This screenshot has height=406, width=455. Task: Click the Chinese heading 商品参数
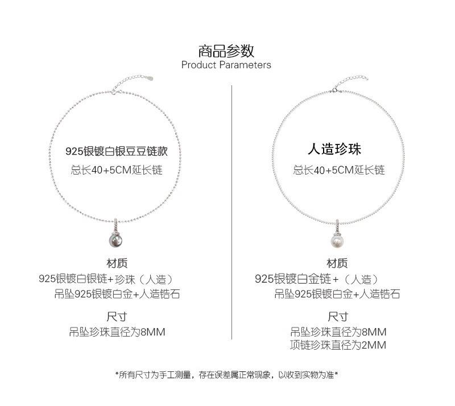(x=226, y=51)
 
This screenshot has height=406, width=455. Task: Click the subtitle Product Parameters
(x=226, y=65)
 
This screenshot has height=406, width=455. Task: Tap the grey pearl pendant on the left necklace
(x=115, y=240)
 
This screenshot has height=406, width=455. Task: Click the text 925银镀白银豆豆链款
(x=117, y=151)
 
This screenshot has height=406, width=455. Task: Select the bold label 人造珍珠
(x=334, y=149)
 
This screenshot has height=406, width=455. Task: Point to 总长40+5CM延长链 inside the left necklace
(x=117, y=170)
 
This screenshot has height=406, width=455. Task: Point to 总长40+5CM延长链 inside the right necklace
(x=339, y=170)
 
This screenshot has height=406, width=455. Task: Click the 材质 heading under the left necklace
(x=117, y=263)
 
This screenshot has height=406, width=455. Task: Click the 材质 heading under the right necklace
(x=337, y=263)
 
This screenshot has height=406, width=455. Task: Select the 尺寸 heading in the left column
(x=117, y=316)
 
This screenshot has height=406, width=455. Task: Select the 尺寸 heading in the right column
(x=338, y=316)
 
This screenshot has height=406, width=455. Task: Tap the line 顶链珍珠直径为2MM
(x=338, y=345)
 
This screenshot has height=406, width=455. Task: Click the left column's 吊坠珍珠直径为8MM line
(x=117, y=332)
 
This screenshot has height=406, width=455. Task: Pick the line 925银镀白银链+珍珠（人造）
(x=106, y=279)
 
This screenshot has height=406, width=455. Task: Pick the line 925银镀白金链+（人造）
(x=317, y=279)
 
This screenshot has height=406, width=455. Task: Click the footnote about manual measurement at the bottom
(x=226, y=375)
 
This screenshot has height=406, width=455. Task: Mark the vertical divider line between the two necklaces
(x=232, y=212)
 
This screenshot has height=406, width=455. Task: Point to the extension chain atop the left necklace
(x=133, y=82)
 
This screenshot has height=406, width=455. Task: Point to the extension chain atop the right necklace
(x=350, y=83)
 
